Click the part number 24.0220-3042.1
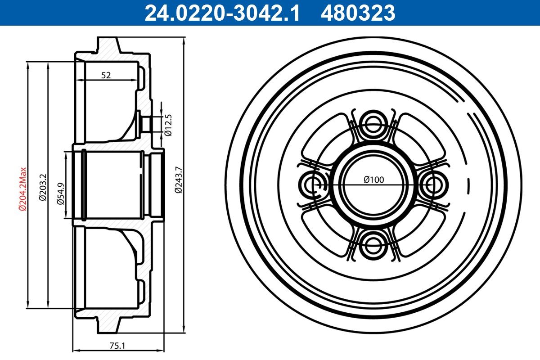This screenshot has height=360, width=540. pyautogui.click(x=222, y=13)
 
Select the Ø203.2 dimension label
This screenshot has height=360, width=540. pyautogui.click(x=42, y=186)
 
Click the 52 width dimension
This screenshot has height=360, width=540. pyautogui.click(x=106, y=75)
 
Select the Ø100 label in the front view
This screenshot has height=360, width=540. pyautogui.click(x=373, y=180)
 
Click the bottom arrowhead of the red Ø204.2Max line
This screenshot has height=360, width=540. pyautogui.click(x=28, y=304)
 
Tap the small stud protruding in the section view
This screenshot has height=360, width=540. pyautogui.click(x=146, y=123)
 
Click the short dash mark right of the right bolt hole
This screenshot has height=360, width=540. pyautogui.click(x=469, y=184)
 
